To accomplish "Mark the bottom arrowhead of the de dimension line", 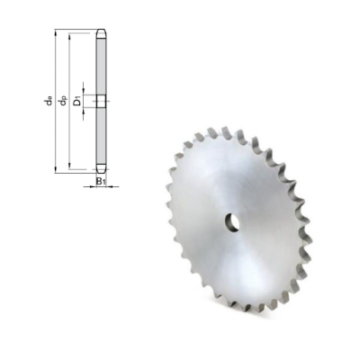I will pyautogui.click(x=58, y=170).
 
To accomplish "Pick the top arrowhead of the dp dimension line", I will pyautogui.click(x=70, y=42).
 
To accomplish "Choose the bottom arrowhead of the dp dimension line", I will pyautogui.click(x=70, y=163).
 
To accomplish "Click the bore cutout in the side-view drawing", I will pyautogui.click(x=102, y=101).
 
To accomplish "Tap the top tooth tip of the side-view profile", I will pyautogui.click(x=102, y=34).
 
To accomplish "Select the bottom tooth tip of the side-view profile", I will pyautogui.click(x=102, y=170).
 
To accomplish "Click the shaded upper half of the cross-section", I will pyautogui.click(x=102, y=63).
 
